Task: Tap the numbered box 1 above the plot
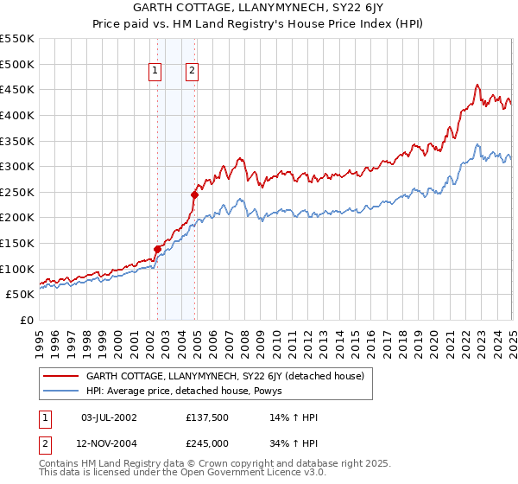[155, 72]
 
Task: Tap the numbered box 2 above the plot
[191, 72]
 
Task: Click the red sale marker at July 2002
[157, 249]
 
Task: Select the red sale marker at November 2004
[194, 194]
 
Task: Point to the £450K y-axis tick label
[17, 89]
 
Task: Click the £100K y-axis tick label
[17, 269]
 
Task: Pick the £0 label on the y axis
[27, 320]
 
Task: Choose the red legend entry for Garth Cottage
[224, 376]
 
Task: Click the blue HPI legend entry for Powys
[190, 391]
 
